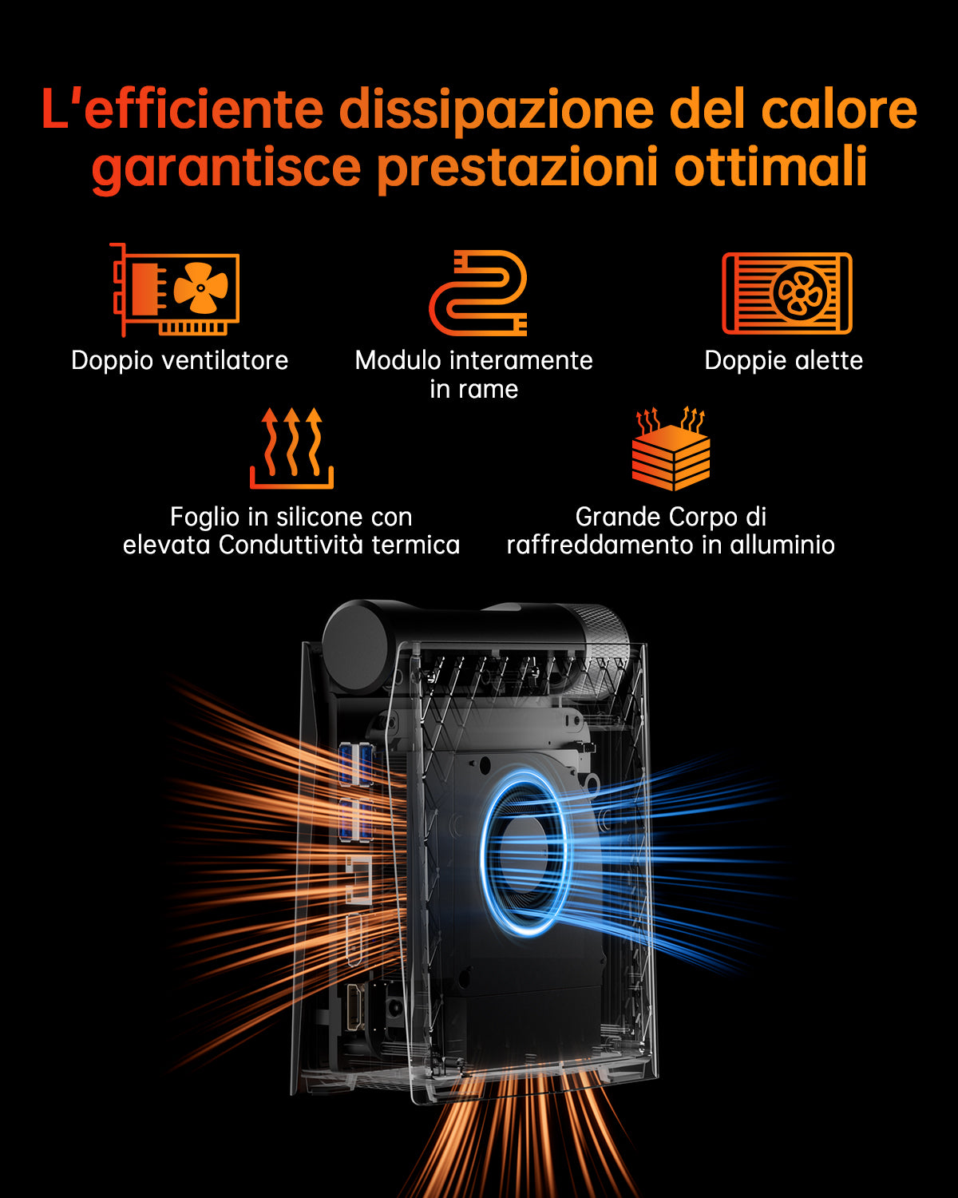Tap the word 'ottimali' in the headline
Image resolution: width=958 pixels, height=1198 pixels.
tap(770, 165)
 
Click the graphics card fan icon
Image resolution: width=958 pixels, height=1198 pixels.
tap(176, 289)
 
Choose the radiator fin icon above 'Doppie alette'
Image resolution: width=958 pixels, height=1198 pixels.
tap(787, 293)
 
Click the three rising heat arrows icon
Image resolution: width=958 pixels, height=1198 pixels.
tap(291, 448)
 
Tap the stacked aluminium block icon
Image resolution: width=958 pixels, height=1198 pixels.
tap(671, 449)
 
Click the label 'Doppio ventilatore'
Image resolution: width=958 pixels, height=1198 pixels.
tap(180, 361)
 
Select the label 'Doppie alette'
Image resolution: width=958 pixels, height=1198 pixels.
tap(784, 361)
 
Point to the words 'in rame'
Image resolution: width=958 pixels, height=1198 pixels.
tap(473, 389)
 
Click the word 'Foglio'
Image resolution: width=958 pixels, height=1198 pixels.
tap(206, 518)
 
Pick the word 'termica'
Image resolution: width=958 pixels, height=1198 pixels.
tap(416, 545)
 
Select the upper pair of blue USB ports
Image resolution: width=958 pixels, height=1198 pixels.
tap(356, 764)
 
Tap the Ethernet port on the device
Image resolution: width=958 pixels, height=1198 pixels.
tap(359, 881)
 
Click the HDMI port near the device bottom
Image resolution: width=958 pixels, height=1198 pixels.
tap(354, 1006)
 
